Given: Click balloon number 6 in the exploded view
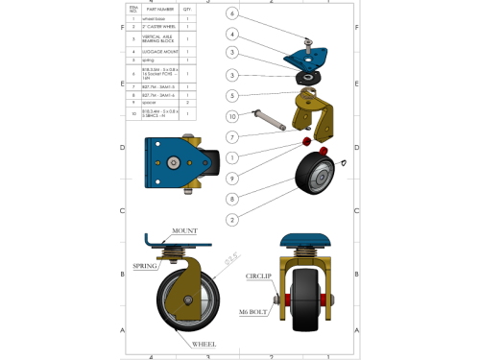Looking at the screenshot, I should [x=232, y=13].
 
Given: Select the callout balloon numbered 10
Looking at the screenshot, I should [x=232, y=116].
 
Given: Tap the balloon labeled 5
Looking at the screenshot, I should [x=232, y=95].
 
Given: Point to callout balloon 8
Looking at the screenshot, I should [x=232, y=199].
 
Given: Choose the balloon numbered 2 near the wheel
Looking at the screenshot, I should [x=232, y=219].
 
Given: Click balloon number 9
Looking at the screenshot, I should [x=232, y=179].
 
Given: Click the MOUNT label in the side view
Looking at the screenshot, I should [x=185, y=232].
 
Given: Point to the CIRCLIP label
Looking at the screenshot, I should [x=259, y=276].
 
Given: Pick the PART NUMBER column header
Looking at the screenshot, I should [x=159, y=8].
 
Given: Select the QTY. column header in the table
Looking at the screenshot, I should [x=186, y=8].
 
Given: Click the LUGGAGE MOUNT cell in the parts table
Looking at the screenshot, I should [x=159, y=51].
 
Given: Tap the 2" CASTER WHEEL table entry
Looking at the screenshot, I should [x=159, y=27].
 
